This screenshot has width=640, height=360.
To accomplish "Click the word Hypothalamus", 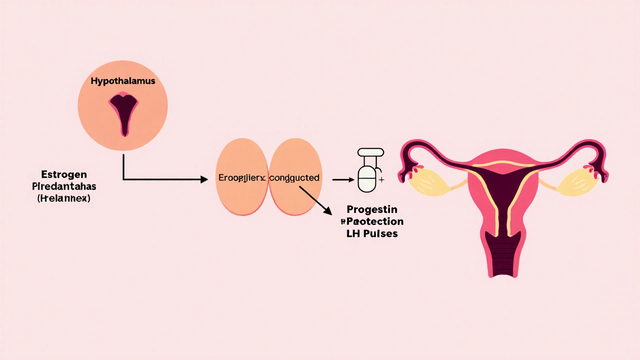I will click(122, 81).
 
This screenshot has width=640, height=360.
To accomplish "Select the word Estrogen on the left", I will click(63, 174).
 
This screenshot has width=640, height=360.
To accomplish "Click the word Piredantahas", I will click(63, 186).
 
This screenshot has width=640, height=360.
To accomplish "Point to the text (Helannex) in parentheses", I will click(63, 198).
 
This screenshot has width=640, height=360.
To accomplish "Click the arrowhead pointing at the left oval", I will click(204, 179).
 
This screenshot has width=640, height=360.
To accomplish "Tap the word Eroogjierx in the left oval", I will click(242, 177).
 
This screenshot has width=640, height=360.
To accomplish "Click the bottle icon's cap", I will click(370, 151).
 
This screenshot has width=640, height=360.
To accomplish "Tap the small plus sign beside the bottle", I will click(381, 179).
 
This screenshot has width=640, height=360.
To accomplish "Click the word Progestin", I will click(371, 209).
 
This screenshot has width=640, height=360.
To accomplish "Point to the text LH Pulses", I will click(372, 233).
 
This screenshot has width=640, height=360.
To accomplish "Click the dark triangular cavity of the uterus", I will click(503, 185).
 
